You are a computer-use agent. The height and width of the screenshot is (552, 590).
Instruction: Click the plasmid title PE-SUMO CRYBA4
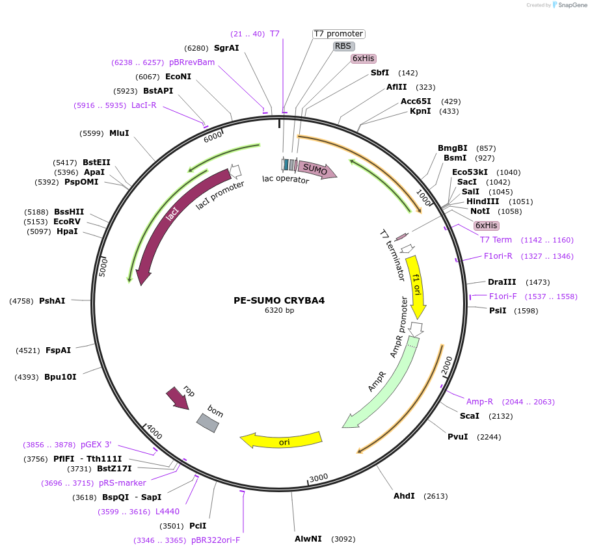point(279,300)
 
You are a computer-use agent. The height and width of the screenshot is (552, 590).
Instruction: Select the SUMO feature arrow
point(317,170)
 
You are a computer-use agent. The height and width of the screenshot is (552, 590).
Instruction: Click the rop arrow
point(178,398)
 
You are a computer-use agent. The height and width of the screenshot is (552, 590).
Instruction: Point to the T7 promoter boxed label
point(338,34)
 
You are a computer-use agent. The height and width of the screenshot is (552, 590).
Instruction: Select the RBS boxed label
point(343,46)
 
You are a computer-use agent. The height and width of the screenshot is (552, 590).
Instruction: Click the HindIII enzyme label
point(483,202)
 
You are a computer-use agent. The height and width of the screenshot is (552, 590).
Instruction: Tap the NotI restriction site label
point(480,211)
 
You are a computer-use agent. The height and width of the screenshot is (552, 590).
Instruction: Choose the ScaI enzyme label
point(470,416)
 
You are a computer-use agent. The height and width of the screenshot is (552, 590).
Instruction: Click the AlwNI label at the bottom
point(308,539)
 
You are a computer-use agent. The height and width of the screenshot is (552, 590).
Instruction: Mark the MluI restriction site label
point(119,133)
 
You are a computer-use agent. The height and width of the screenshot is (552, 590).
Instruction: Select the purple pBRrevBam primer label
point(192,62)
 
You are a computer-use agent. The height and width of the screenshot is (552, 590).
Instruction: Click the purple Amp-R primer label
point(479,402)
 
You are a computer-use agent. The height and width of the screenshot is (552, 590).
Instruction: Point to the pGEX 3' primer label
point(96,445)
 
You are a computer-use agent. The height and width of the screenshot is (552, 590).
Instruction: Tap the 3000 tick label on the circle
point(319,479)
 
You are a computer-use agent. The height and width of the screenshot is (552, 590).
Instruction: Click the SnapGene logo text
point(570,5)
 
